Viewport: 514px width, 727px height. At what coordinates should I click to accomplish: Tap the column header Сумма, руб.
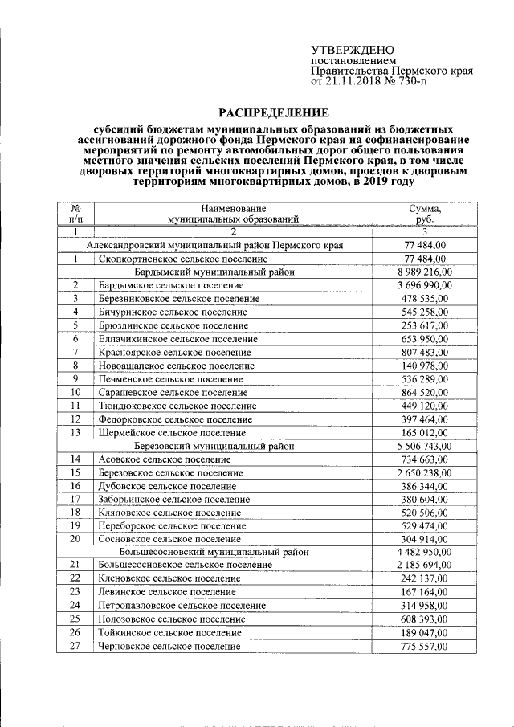click(x=424, y=212)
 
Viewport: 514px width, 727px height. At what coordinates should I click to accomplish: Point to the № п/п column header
click(x=75, y=212)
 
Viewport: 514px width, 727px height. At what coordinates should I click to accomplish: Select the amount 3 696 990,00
click(x=424, y=285)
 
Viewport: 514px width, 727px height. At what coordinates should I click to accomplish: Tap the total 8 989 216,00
click(x=424, y=272)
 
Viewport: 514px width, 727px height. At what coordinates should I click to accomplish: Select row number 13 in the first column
click(x=75, y=432)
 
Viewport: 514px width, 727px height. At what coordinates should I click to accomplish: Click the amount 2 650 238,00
click(x=424, y=472)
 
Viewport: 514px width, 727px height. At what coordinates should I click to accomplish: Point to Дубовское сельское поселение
click(x=167, y=486)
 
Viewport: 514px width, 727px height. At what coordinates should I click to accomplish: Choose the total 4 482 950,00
click(x=424, y=552)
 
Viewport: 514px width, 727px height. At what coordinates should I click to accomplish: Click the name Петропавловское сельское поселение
click(x=182, y=605)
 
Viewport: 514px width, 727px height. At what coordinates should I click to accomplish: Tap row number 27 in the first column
click(x=75, y=645)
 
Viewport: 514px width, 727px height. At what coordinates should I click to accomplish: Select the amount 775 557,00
click(x=424, y=645)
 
